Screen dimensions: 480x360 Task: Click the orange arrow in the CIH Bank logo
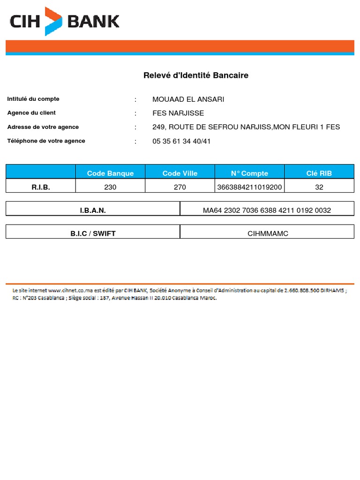click(x=53, y=21)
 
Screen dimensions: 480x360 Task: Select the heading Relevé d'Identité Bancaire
click(x=195, y=75)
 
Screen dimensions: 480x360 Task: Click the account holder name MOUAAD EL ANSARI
click(x=188, y=99)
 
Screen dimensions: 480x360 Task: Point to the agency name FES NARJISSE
click(x=178, y=113)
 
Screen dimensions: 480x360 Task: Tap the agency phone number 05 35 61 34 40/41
click(x=181, y=142)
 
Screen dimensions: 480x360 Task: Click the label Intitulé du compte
click(x=33, y=99)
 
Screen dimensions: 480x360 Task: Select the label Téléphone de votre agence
click(x=46, y=141)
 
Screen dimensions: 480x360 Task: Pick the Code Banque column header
click(x=110, y=173)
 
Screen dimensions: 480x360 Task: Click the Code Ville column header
click(x=180, y=173)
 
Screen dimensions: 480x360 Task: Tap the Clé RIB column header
click(x=319, y=173)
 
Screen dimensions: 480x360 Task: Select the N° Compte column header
click(x=249, y=173)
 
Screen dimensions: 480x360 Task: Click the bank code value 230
click(x=110, y=187)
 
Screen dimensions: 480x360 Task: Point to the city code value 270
click(x=180, y=187)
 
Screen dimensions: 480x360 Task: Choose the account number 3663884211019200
click(x=249, y=187)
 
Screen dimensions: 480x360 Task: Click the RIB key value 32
click(x=319, y=187)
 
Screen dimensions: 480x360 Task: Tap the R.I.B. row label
click(x=41, y=187)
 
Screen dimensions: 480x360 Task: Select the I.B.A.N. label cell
click(x=93, y=210)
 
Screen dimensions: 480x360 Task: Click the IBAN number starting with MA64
click(x=267, y=210)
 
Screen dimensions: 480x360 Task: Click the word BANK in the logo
click(x=94, y=21)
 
